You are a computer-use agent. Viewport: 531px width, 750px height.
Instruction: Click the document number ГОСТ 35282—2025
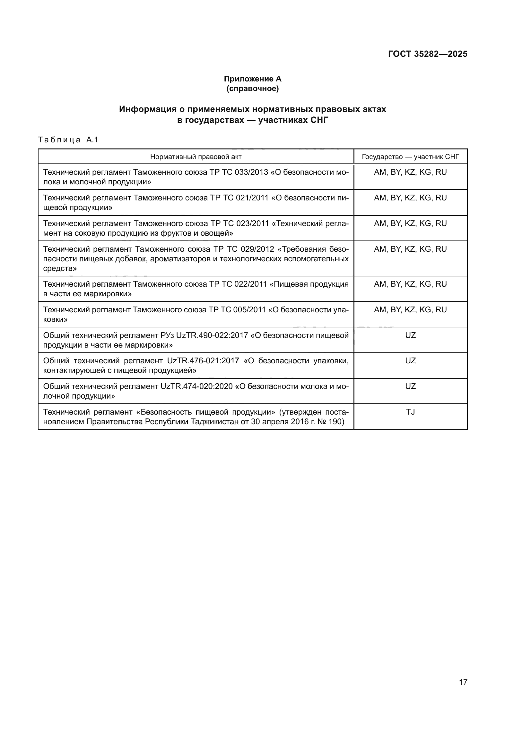pyautogui.click(x=427, y=54)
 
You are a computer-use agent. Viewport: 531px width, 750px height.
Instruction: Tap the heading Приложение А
pyautogui.click(x=252, y=79)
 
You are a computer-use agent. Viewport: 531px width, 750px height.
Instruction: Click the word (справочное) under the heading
pyautogui.click(x=252, y=88)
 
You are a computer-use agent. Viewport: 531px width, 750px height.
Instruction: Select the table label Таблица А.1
pyautogui.click(x=68, y=140)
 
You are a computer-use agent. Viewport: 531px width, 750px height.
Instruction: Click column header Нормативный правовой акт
pyautogui.click(x=196, y=157)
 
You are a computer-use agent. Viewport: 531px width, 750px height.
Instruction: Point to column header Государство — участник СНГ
pyautogui.click(x=410, y=157)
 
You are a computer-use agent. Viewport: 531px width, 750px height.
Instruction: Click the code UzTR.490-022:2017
pyautogui.click(x=212, y=335)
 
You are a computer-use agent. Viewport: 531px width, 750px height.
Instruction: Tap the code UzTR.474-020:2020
pyautogui.click(x=196, y=386)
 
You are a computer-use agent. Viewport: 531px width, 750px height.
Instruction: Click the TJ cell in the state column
pyautogui.click(x=410, y=412)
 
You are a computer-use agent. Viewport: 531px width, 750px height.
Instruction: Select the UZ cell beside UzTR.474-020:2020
pyautogui.click(x=410, y=386)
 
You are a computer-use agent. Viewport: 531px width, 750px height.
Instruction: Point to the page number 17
pyautogui.click(x=463, y=682)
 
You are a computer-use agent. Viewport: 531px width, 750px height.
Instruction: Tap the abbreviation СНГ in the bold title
pyautogui.click(x=319, y=120)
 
